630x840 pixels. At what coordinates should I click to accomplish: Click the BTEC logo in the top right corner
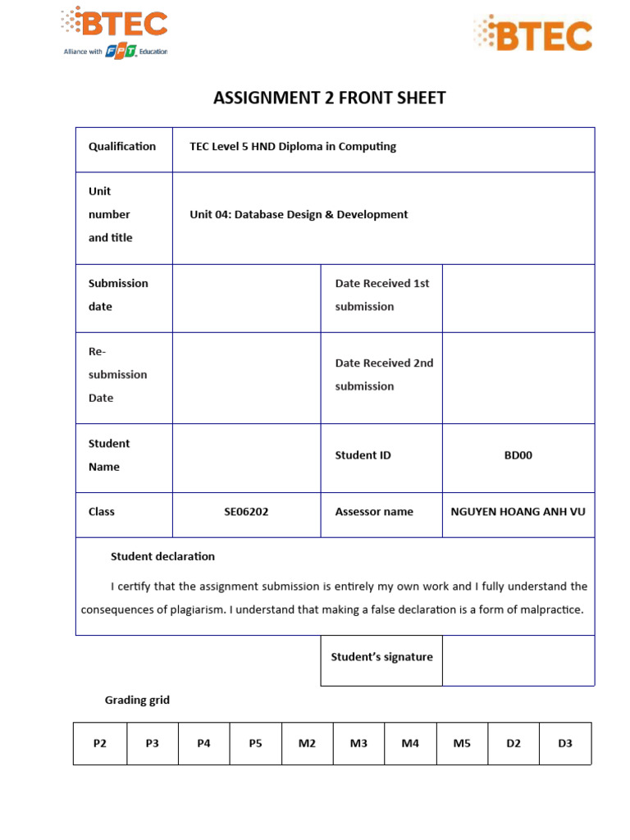tap(532, 34)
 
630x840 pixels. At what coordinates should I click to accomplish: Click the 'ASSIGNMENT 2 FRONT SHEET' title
tap(329, 98)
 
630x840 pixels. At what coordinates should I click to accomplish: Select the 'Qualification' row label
tap(122, 147)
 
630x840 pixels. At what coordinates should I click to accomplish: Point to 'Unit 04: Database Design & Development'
tap(299, 215)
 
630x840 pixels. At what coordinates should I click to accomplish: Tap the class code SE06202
tap(246, 512)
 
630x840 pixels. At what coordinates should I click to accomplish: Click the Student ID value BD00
tap(518, 455)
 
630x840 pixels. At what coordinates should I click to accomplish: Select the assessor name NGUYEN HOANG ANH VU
tap(518, 512)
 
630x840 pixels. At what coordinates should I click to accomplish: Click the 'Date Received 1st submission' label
tap(381, 295)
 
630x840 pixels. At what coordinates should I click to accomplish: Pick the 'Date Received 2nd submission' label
tap(383, 375)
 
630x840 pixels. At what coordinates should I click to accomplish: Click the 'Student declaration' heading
tap(162, 557)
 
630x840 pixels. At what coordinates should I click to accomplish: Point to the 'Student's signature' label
tap(381, 657)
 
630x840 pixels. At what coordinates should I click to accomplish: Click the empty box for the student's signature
tap(518, 660)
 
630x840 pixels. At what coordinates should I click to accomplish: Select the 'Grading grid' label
tap(137, 701)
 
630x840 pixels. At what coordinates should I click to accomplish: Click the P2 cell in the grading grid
tap(100, 744)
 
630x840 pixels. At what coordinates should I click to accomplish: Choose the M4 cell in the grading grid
tap(410, 744)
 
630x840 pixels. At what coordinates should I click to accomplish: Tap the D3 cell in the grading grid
tap(565, 744)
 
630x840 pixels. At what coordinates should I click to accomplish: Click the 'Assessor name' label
tap(374, 512)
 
